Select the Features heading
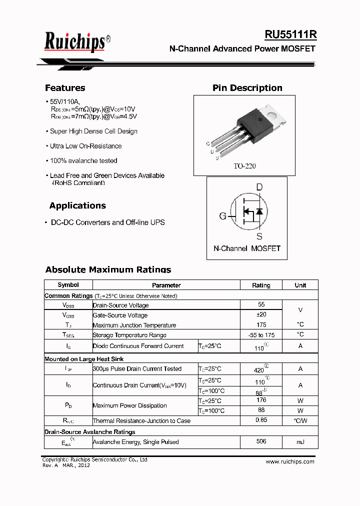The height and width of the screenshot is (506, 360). [x=65, y=88]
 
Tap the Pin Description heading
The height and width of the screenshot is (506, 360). [x=247, y=88]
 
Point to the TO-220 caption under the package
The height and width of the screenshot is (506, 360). [x=244, y=166]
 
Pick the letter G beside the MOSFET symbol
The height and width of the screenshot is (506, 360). [x=222, y=216]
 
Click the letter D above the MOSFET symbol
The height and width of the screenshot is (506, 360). [x=259, y=187]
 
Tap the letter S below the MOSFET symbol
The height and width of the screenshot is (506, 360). [x=259, y=236]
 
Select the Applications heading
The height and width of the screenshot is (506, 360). [x=77, y=205]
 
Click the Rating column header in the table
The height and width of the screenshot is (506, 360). [x=261, y=285]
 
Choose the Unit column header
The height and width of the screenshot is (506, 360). [x=300, y=285]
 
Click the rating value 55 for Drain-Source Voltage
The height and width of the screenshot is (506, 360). [x=261, y=304]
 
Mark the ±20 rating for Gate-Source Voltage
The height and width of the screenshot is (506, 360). [x=261, y=314]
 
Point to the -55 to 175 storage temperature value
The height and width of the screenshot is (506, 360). [x=261, y=335]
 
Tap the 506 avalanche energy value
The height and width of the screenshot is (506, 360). [x=261, y=441]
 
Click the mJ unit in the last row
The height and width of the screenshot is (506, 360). [x=300, y=442]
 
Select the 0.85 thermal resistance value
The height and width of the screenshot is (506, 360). [x=261, y=420]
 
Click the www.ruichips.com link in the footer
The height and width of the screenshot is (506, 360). [x=290, y=461]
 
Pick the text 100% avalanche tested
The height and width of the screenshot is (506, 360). [x=83, y=161]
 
